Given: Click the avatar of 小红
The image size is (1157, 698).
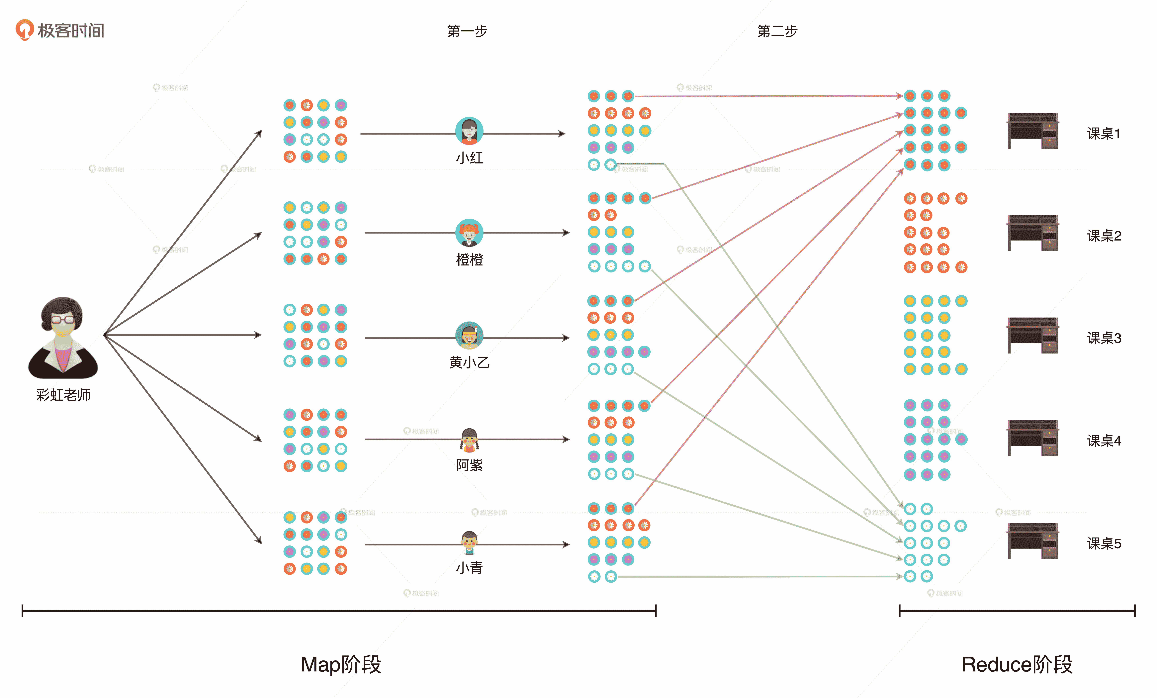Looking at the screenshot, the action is [469, 131].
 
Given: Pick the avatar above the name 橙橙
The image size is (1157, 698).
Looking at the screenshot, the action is [469, 233].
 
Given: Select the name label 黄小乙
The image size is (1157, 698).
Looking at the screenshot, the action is [469, 362].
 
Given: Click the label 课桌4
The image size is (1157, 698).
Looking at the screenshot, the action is [1104, 441].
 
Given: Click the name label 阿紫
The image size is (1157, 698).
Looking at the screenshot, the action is [469, 465].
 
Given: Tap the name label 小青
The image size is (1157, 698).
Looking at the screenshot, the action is [469, 568].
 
